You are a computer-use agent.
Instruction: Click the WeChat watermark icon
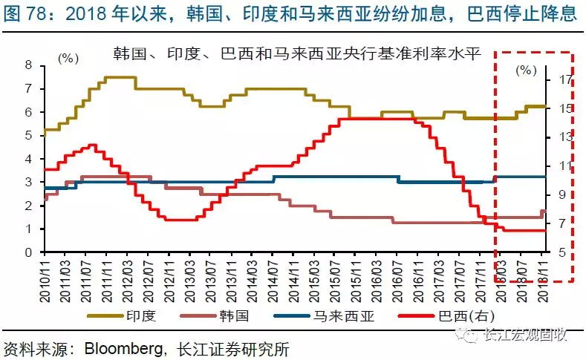coord(469,335)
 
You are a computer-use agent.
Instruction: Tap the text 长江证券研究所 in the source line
coord(238,348)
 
